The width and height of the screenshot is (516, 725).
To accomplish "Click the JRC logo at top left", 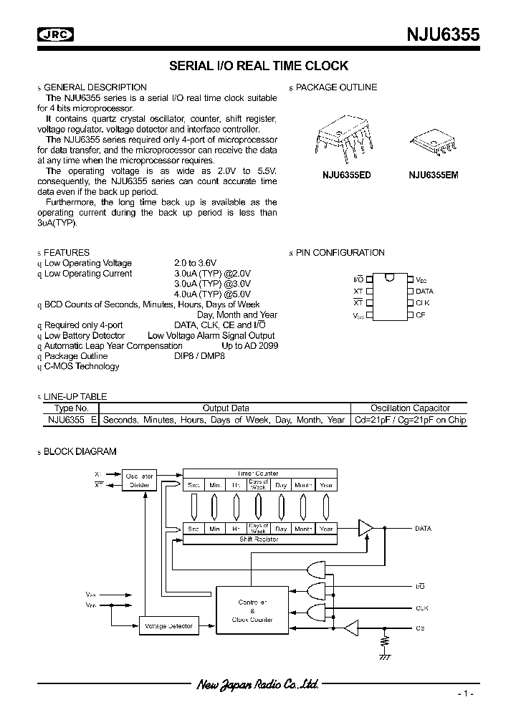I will point(57,33).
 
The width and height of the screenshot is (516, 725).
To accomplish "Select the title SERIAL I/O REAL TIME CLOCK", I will point(258,66).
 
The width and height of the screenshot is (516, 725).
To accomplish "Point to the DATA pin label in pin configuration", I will point(424,292).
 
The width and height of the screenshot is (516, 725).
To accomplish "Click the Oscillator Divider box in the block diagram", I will point(140,481).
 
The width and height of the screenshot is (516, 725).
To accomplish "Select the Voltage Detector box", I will point(168,626).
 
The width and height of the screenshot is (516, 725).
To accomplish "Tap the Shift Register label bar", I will point(259,539).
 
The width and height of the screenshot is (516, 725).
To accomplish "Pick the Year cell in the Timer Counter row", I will point(326,485).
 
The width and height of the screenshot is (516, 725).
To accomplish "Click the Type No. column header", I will point(72,408).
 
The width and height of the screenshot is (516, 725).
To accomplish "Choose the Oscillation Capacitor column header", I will point(410,408).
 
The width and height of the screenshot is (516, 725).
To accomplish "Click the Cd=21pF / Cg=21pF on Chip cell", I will point(410,420).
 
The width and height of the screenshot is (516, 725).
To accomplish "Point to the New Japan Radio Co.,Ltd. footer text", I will point(257,685).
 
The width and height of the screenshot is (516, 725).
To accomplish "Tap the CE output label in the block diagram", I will point(420,628).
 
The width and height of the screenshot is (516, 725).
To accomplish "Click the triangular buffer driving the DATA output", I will point(365,528).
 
